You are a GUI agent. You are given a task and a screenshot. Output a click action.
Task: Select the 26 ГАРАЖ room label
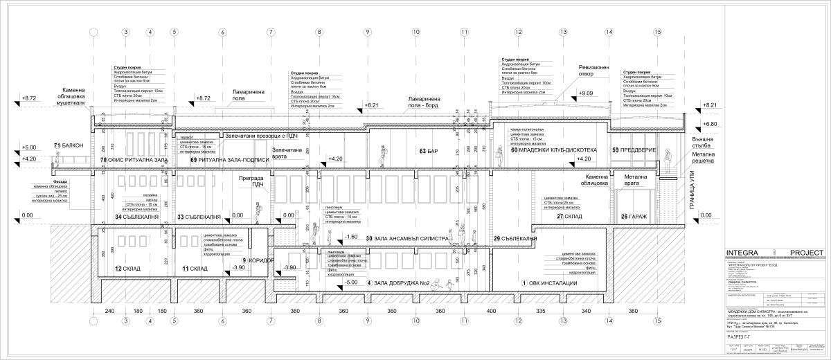point(634,217)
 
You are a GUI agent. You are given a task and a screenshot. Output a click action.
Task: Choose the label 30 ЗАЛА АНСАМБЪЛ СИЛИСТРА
point(406,238)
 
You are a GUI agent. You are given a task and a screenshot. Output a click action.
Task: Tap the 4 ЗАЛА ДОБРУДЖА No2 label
point(398,282)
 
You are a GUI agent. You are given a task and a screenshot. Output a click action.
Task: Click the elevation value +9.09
point(586,93)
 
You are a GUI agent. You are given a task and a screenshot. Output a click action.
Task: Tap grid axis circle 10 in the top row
point(416,32)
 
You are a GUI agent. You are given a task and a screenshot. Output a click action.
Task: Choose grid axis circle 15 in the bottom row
point(656,321)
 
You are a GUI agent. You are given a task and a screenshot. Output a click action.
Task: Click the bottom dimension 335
point(539,312)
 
